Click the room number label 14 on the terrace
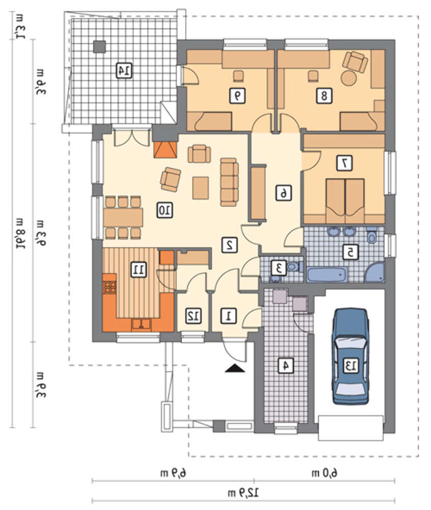124,70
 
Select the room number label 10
165,210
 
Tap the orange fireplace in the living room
166,149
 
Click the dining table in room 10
123,217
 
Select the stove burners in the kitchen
110,287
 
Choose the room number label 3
280,268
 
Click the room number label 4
286,365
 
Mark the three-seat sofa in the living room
230,182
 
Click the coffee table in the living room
200,188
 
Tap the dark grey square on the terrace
99,47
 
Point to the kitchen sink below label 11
141,324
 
